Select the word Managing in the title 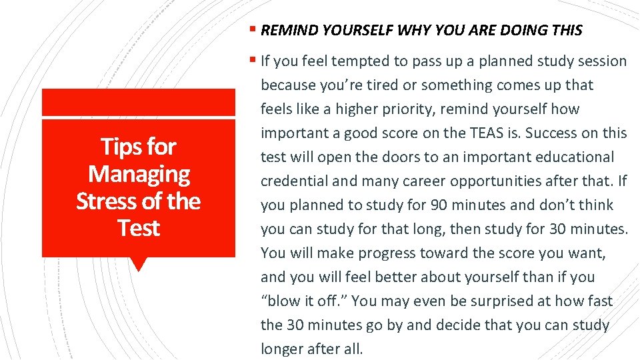pos(139,174)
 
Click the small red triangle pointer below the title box pos(139,264)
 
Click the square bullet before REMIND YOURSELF pos(253,30)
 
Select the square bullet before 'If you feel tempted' pos(253,61)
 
